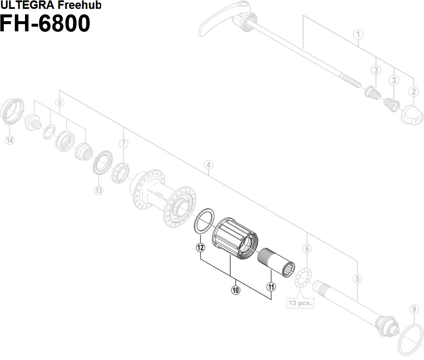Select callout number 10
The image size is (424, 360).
click(x=235, y=290)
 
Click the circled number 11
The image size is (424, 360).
click(x=271, y=287)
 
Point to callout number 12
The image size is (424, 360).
click(x=201, y=248)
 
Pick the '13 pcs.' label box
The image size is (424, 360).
click(x=300, y=303)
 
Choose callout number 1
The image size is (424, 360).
click(x=358, y=34)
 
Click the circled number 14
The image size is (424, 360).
click(x=9, y=140)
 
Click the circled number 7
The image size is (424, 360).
click(x=123, y=143)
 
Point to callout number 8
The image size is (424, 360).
click(x=60, y=102)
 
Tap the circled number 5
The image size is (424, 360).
click(x=358, y=279)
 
